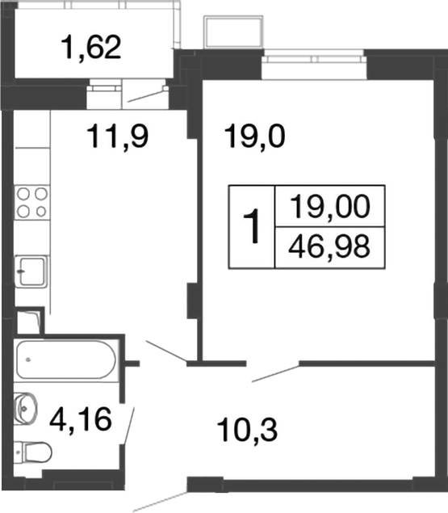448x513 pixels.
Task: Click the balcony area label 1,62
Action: pos(90,48)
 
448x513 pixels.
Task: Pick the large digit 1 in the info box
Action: pos(253,227)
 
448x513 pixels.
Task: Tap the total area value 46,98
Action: pos(329,246)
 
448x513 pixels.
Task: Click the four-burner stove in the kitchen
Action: pos(31,202)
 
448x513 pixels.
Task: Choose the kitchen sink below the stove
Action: pos(32,267)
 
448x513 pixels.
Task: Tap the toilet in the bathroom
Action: pos(34,451)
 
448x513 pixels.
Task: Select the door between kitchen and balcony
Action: pos(145,96)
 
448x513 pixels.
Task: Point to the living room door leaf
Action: pos(275,372)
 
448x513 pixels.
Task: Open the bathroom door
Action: pos(128,425)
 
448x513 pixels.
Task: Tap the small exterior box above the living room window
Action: pos(234,32)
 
